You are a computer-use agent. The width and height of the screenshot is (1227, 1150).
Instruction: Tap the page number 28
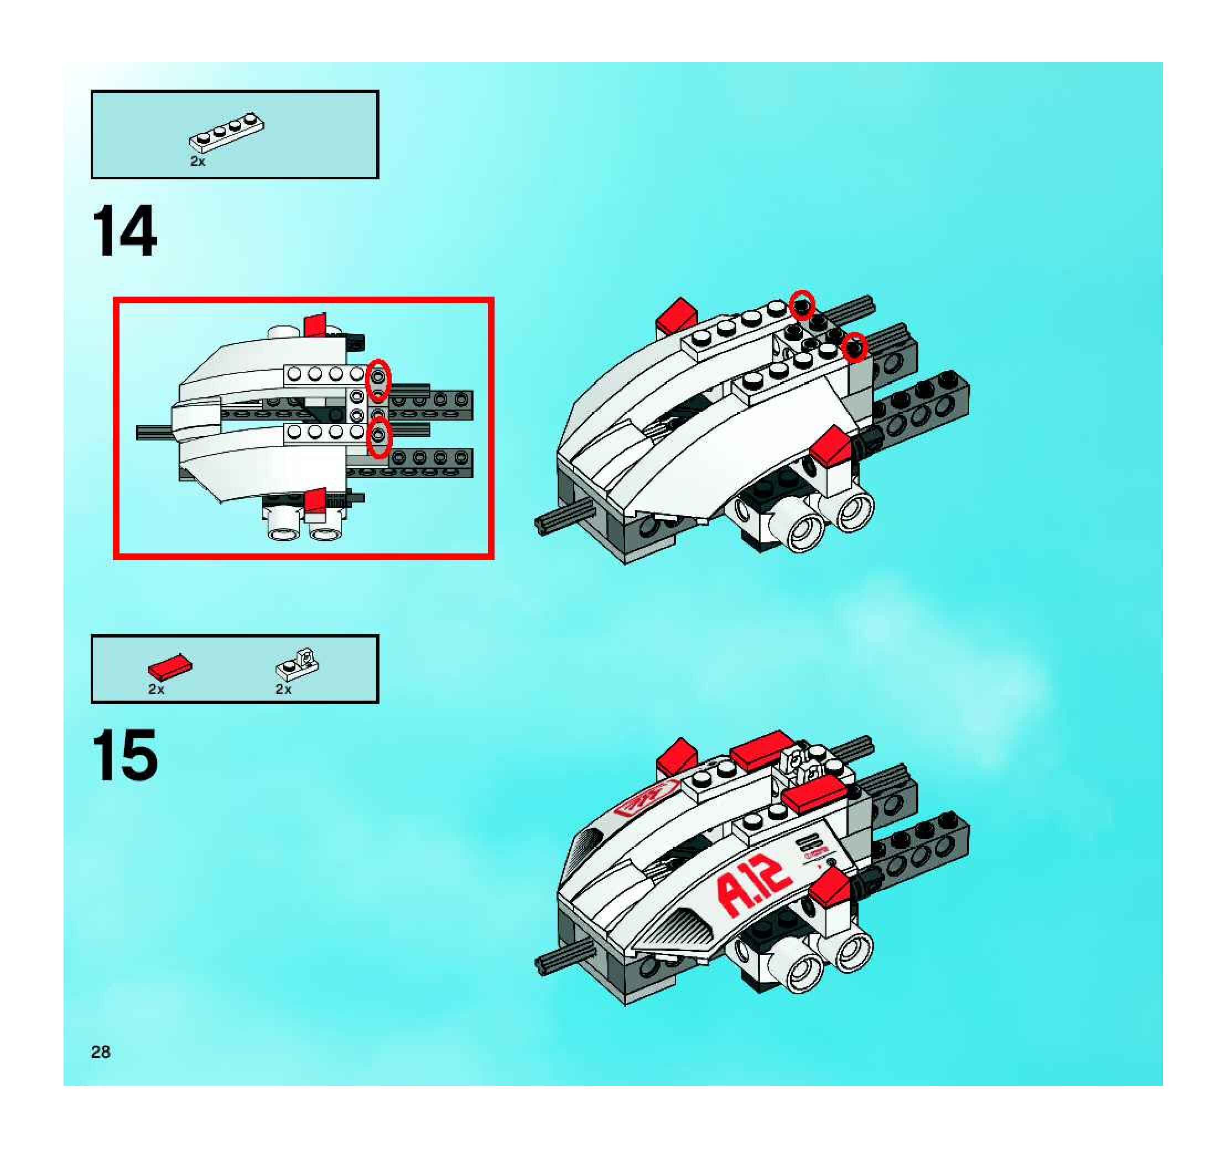pyautogui.click(x=101, y=1052)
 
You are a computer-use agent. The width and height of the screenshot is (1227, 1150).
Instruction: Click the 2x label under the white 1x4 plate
pyautogui.click(x=197, y=162)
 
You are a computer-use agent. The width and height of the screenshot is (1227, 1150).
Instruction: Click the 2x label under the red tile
pyautogui.click(x=156, y=690)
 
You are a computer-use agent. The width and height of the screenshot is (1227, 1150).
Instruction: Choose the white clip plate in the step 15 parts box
pyautogui.click(x=298, y=662)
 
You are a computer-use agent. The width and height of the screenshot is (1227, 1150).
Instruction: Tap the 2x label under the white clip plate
pyautogui.click(x=283, y=690)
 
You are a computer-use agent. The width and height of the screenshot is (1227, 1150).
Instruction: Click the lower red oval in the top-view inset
pyautogui.click(x=379, y=437)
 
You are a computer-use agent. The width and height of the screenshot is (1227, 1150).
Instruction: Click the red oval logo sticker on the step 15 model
pyautogui.click(x=647, y=800)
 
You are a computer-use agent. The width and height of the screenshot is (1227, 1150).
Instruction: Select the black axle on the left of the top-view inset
pyautogui.click(x=154, y=432)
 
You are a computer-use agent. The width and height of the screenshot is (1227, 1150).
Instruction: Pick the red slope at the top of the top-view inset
pyautogui.click(x=315, y=325)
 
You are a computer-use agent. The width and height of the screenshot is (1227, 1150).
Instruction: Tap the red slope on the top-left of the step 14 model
pyautogui.click(x=677, y=316)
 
